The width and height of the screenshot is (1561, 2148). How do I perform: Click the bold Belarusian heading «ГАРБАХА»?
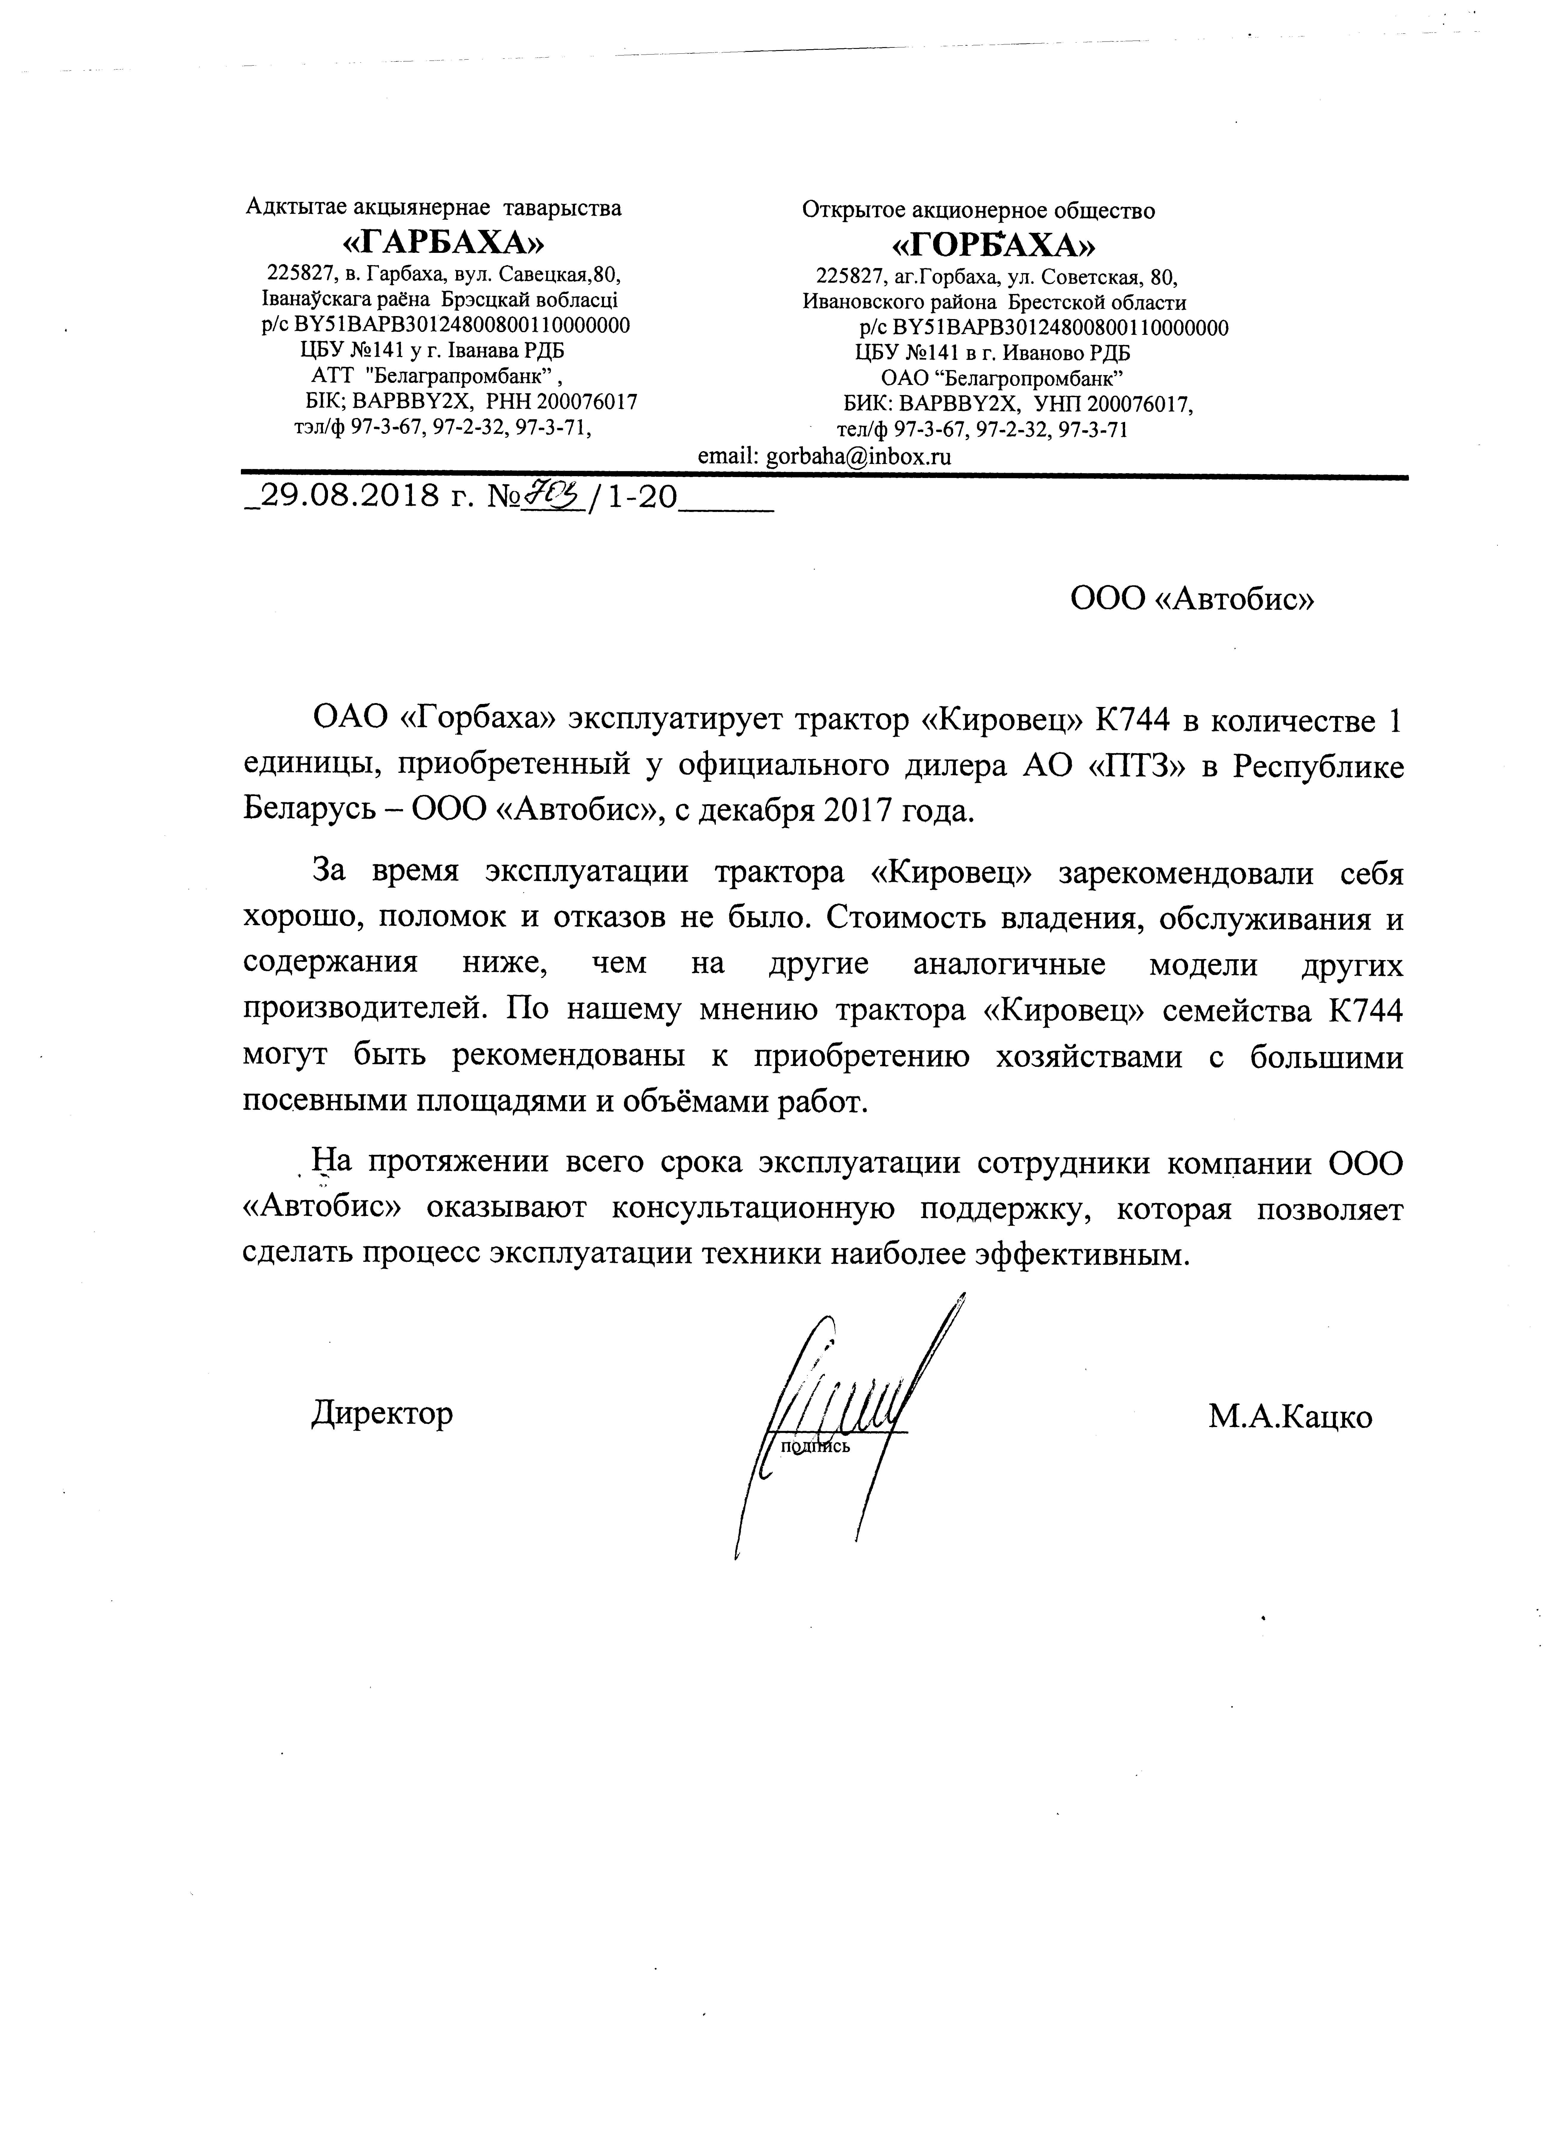(443, 243)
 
